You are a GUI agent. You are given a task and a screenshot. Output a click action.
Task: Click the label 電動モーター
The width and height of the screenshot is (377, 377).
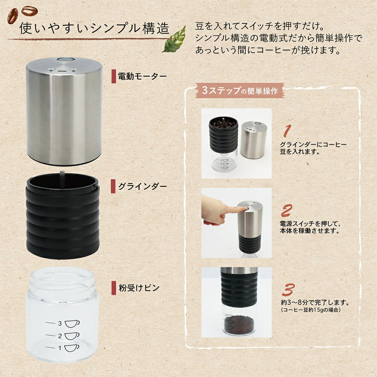pyautogui.click(x=142, y=77)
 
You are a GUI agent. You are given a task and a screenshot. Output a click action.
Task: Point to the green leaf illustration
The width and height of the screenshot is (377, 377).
pyautogui.click(x=175, y=39)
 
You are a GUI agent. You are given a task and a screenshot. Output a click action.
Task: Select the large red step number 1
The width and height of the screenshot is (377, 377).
pyautogui.click(x=287, y=131)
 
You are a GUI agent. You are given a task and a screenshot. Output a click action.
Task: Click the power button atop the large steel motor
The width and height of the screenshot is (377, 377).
pyautogui.click(x=61, y=60)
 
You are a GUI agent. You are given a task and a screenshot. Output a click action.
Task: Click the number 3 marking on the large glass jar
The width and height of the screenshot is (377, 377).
pyautogui.click(x=59, y=323)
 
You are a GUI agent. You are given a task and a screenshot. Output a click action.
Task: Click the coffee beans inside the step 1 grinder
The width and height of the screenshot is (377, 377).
pyautogui.click(x=223, y=123)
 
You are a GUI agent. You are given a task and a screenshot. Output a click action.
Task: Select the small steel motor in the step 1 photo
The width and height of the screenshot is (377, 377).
pyautogui.click(x=254, y=139)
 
